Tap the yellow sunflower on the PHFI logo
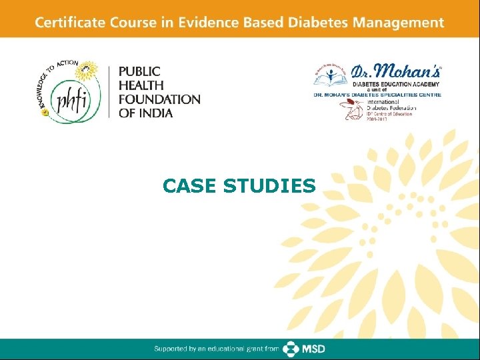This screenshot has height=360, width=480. (88, 71)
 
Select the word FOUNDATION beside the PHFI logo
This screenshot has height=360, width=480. (159, 99)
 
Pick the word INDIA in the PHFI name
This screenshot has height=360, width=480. (155, 113)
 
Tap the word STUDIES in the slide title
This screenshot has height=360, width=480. (269, 186)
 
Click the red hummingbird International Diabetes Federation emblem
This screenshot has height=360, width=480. (353, 109)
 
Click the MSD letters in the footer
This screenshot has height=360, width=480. (314, 349)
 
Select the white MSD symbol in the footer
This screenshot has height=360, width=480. (291, 349)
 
